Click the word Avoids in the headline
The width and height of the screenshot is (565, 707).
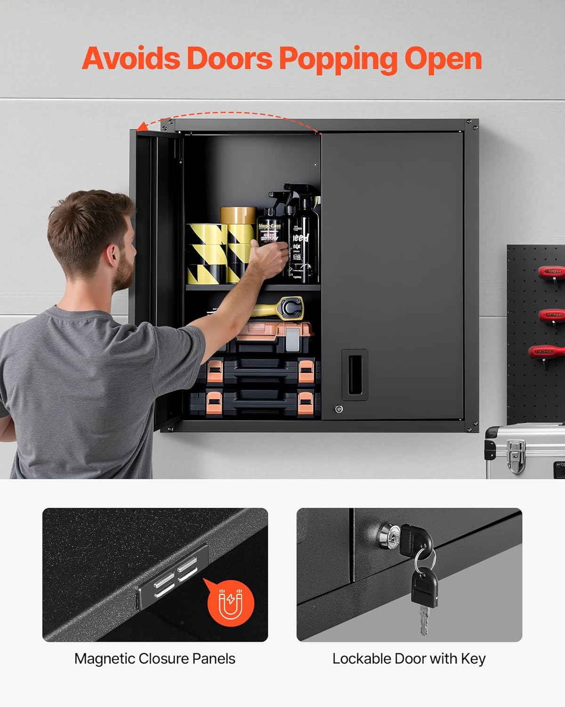131,59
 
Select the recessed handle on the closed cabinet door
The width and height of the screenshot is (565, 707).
355,375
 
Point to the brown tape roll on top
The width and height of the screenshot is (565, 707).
238,215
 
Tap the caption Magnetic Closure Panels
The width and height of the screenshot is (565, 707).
154,658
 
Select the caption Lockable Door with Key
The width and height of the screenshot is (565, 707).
409,658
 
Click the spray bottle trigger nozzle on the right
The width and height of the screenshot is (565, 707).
301,191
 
